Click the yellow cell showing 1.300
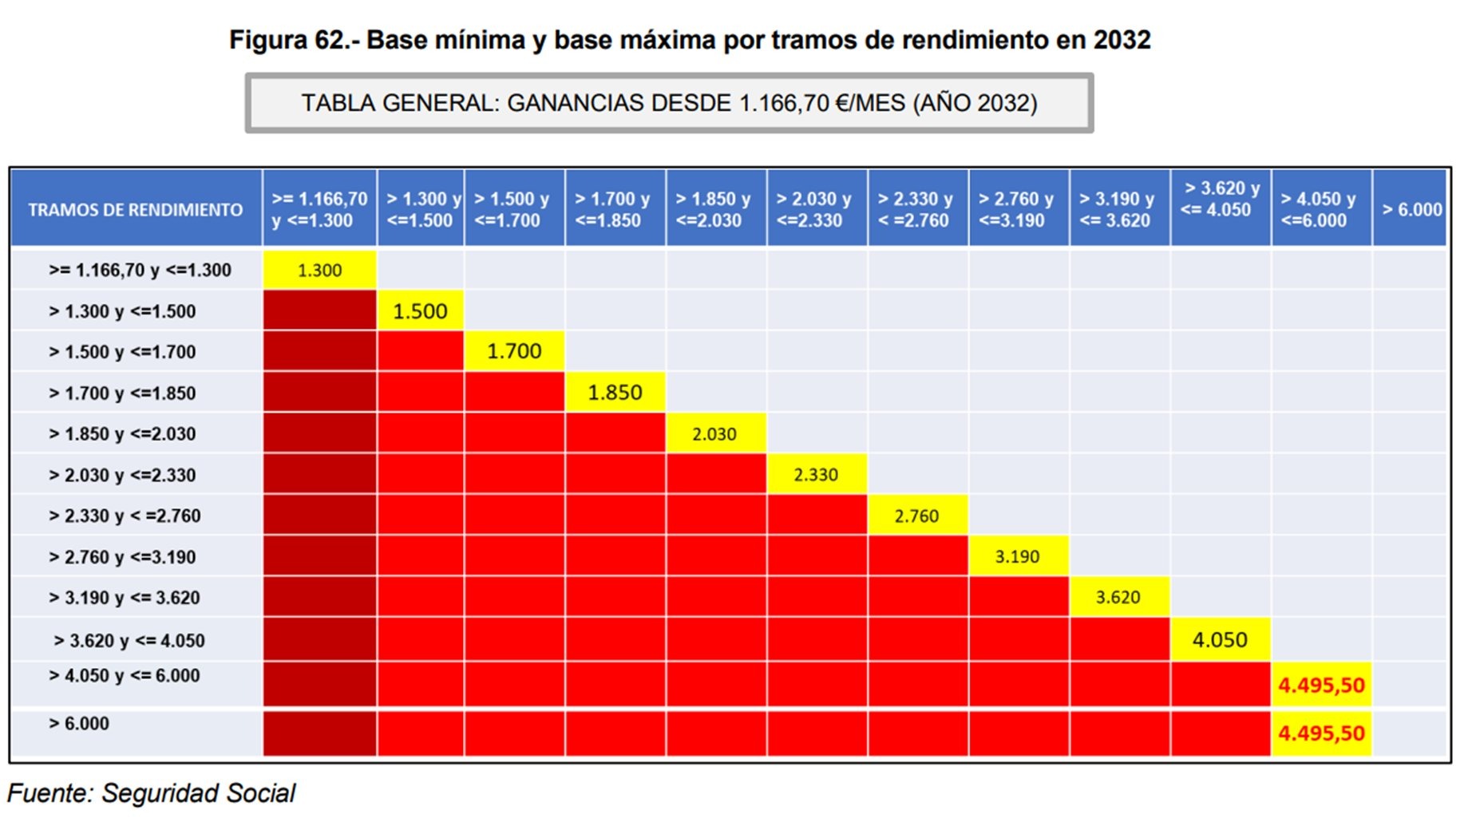pos(319,271)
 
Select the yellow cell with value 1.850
pos(615,393)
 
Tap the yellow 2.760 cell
pos(916,516)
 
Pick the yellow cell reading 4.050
pos(1219,640)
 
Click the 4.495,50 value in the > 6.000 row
pos(1321,733)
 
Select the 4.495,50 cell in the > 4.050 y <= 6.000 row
pos(1321,686)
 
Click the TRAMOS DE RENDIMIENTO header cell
pos(136,210)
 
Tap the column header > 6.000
pos(1411,210)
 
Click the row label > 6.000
pos(79,724)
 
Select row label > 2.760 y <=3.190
pos(122,557)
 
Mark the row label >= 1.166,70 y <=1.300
pos(140,271)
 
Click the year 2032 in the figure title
pos(1122,40)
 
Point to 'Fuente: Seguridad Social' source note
pos(151,793)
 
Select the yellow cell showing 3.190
pos(1017,557)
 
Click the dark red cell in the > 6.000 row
pos(319,733)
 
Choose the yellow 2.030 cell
pos(714,434)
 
